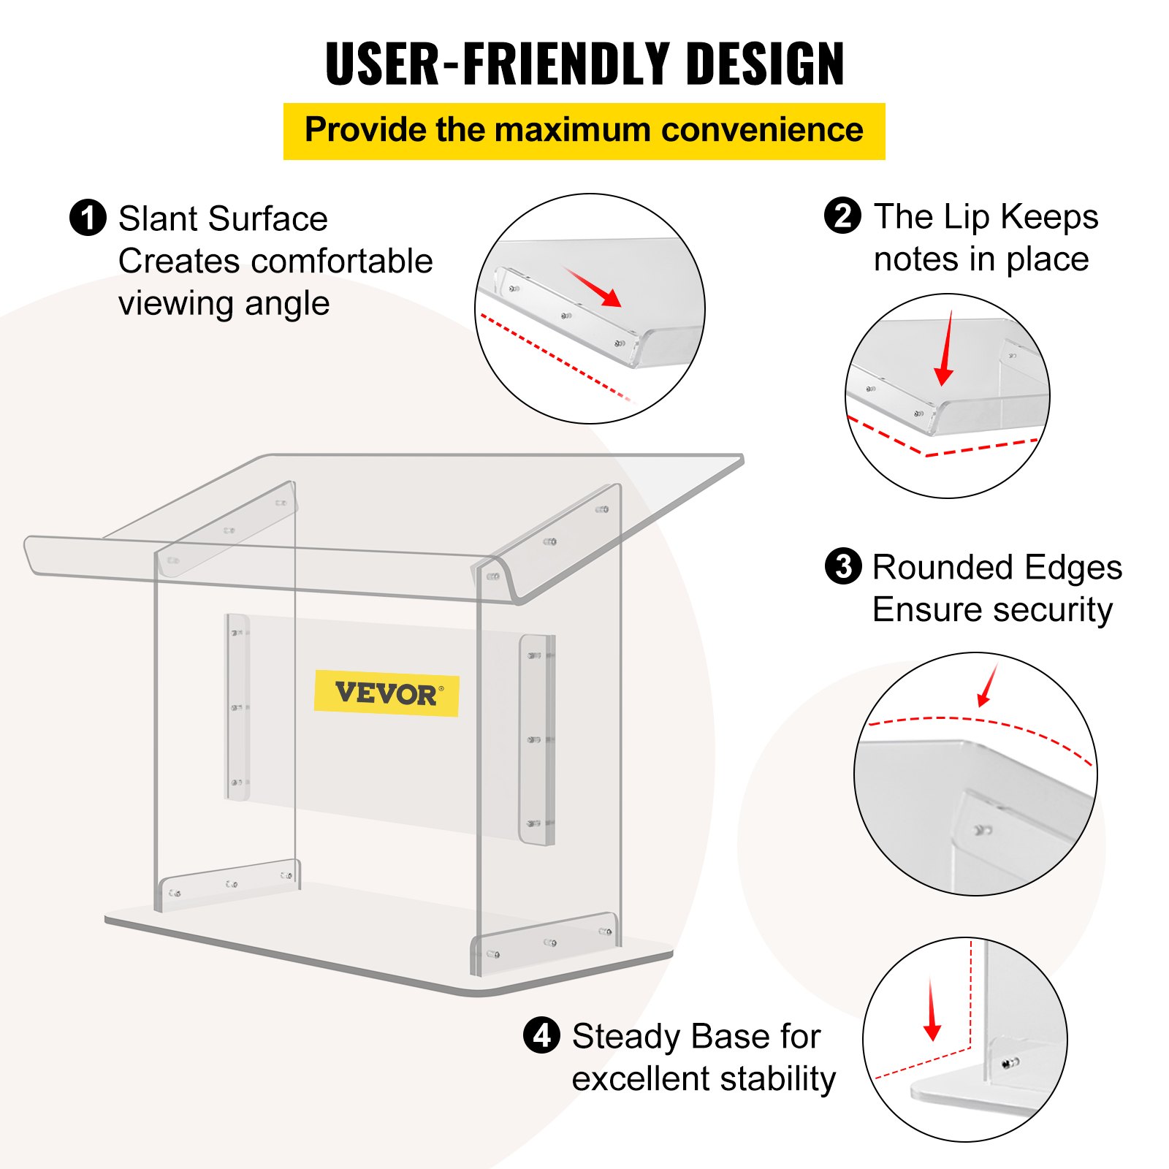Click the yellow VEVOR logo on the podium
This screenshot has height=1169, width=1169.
click(387, 693)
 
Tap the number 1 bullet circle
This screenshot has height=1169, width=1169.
click(88, 218)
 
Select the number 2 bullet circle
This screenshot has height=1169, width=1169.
click(842, 216)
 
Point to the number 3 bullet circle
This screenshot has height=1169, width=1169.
click(843, 566)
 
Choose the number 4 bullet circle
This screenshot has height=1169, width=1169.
click(541, 1035)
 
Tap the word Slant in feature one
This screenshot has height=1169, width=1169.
click(158, 218)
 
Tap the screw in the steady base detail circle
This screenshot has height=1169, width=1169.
click(1010, 1063)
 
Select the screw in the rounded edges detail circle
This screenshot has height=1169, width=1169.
click(982, 830)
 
